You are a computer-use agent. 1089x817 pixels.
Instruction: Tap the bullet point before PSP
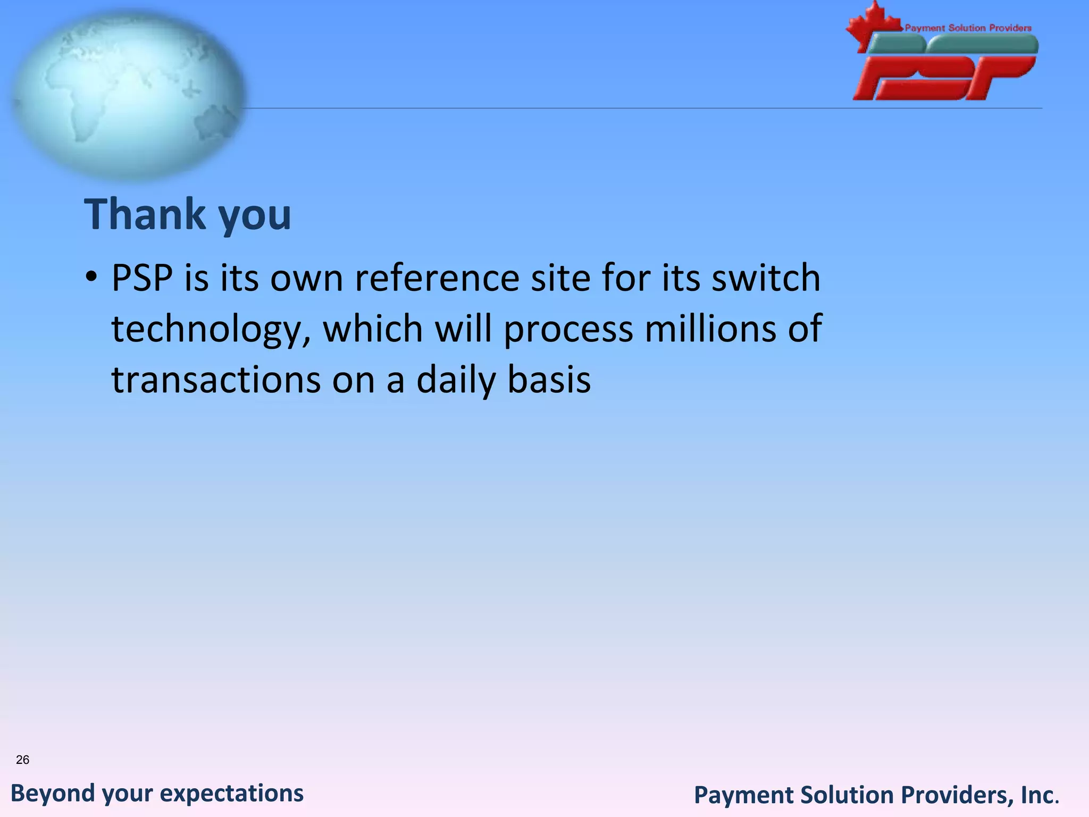91,277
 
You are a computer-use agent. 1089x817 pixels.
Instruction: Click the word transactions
216,380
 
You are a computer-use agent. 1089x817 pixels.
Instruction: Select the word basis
549,380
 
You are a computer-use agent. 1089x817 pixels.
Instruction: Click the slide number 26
22,760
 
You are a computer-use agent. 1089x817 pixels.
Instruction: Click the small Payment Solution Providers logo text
968,28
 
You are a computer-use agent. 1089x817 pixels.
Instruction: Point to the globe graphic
128,93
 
